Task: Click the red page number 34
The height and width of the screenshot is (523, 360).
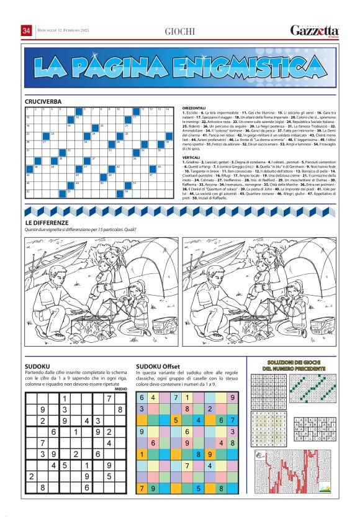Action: coord(27,31)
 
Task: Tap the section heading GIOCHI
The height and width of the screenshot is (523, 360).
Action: coord(179,32)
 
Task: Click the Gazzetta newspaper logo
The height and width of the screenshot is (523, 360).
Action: coord(315,31)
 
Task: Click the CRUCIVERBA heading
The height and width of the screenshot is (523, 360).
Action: coord(43,101)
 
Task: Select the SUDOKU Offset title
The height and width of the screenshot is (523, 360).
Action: coord(158,366)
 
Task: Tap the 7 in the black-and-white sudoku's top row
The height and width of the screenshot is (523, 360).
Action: coord(109,398)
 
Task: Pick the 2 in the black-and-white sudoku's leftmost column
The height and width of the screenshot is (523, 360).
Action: coord(31,476)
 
